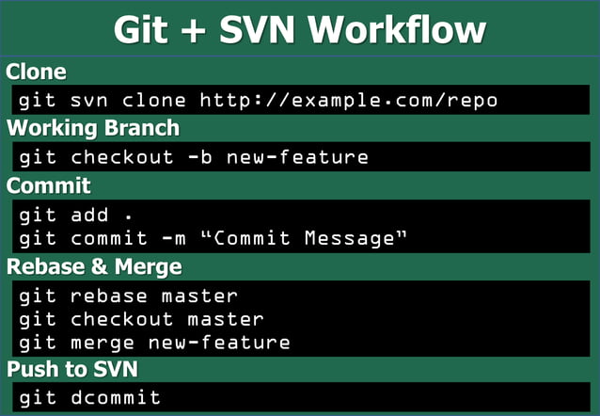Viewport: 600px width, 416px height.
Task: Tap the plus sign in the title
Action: pyautogui.click(x=189, y=32)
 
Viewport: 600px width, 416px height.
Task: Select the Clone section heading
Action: pyautogui.click(x=36, y=72)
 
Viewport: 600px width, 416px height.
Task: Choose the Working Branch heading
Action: pyautogui.click(x=92, y=128)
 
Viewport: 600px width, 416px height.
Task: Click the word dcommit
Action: pyautogui.click(x=116, y=397)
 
